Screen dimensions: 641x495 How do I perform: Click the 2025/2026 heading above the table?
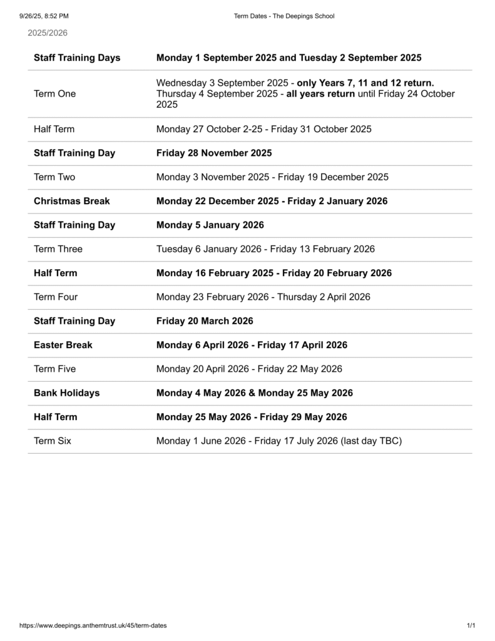tap(48, 33)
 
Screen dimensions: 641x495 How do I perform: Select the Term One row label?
tap(54, 94)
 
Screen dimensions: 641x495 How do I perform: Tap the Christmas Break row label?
tap(71, 201)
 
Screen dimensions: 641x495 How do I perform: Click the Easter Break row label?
tap(63, 345)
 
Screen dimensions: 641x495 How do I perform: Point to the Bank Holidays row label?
tap(66, 393)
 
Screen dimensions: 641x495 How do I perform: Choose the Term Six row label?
tap(53, 441)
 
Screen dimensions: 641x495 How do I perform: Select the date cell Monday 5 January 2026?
tap(210, 225)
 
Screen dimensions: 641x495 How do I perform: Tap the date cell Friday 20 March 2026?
tap(205, 320)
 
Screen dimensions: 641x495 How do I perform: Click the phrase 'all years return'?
tap(320, 94)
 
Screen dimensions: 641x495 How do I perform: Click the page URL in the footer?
tap(93, 625)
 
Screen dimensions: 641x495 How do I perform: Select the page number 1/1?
tap(471, 625)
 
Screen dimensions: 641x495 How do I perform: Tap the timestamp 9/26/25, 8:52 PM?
tap(44, 16)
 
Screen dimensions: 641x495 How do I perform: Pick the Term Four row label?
tap(56, 297)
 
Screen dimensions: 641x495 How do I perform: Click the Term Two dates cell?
tap(272, 177)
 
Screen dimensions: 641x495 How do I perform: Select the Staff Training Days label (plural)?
tap(77, 58)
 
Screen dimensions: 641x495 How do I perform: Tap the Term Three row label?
tap(58, 249)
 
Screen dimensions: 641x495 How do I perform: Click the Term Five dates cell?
tap(249, 369)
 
